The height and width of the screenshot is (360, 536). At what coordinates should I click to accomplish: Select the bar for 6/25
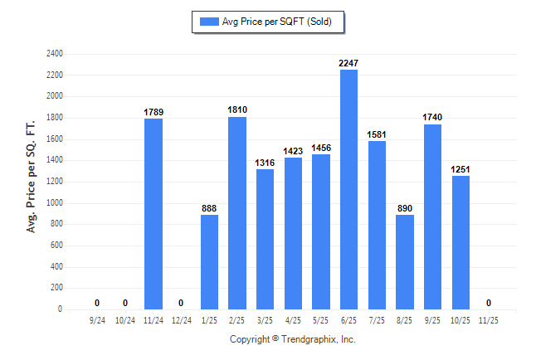click(x=348, y=189)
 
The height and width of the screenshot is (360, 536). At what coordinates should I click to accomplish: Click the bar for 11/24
click(x=153, y=214)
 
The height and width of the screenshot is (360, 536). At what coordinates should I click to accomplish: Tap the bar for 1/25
click(x=209, y=262)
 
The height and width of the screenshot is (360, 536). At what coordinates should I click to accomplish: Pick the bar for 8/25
click(x=405, y=262)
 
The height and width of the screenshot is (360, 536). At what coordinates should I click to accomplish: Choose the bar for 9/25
click(x=432, y=216)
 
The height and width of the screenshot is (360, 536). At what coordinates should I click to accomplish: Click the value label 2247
click(x=348, y=63)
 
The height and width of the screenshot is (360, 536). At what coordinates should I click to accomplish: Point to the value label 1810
click(x=237, y=109)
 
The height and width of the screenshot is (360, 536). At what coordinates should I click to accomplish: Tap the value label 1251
click(x=460, y=169)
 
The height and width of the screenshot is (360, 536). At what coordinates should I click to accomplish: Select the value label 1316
click(x=265, y=163)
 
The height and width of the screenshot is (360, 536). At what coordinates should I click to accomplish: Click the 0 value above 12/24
click(x=181, y=303)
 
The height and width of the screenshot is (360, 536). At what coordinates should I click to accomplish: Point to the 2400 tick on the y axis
click(x=54, y=53)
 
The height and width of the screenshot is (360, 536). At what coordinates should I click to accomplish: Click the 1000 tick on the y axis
click(x=54, y=202)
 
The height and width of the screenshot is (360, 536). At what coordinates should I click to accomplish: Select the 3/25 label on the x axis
click(x=265, y=320)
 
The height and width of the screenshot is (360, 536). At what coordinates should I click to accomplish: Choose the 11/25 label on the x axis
click(x=488, y=320)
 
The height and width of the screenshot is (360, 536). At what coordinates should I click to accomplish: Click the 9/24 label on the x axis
click(x=97, y=320)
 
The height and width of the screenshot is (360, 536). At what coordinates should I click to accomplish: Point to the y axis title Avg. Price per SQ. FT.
click(x=32, y=173)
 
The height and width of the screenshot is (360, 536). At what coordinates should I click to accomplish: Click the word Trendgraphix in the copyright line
click(x=306, y=339)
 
